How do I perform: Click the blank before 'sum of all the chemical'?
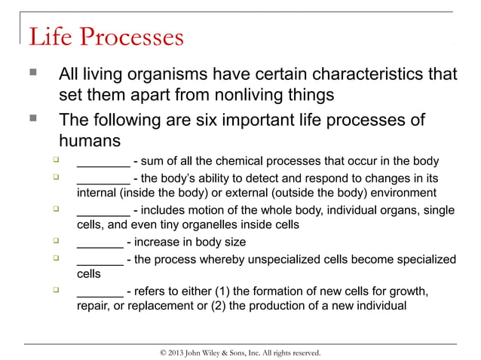103,161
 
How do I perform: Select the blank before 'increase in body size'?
100,243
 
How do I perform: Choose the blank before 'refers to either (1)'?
100,291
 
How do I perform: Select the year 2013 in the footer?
174,352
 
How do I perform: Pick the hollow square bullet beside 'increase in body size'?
55,241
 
